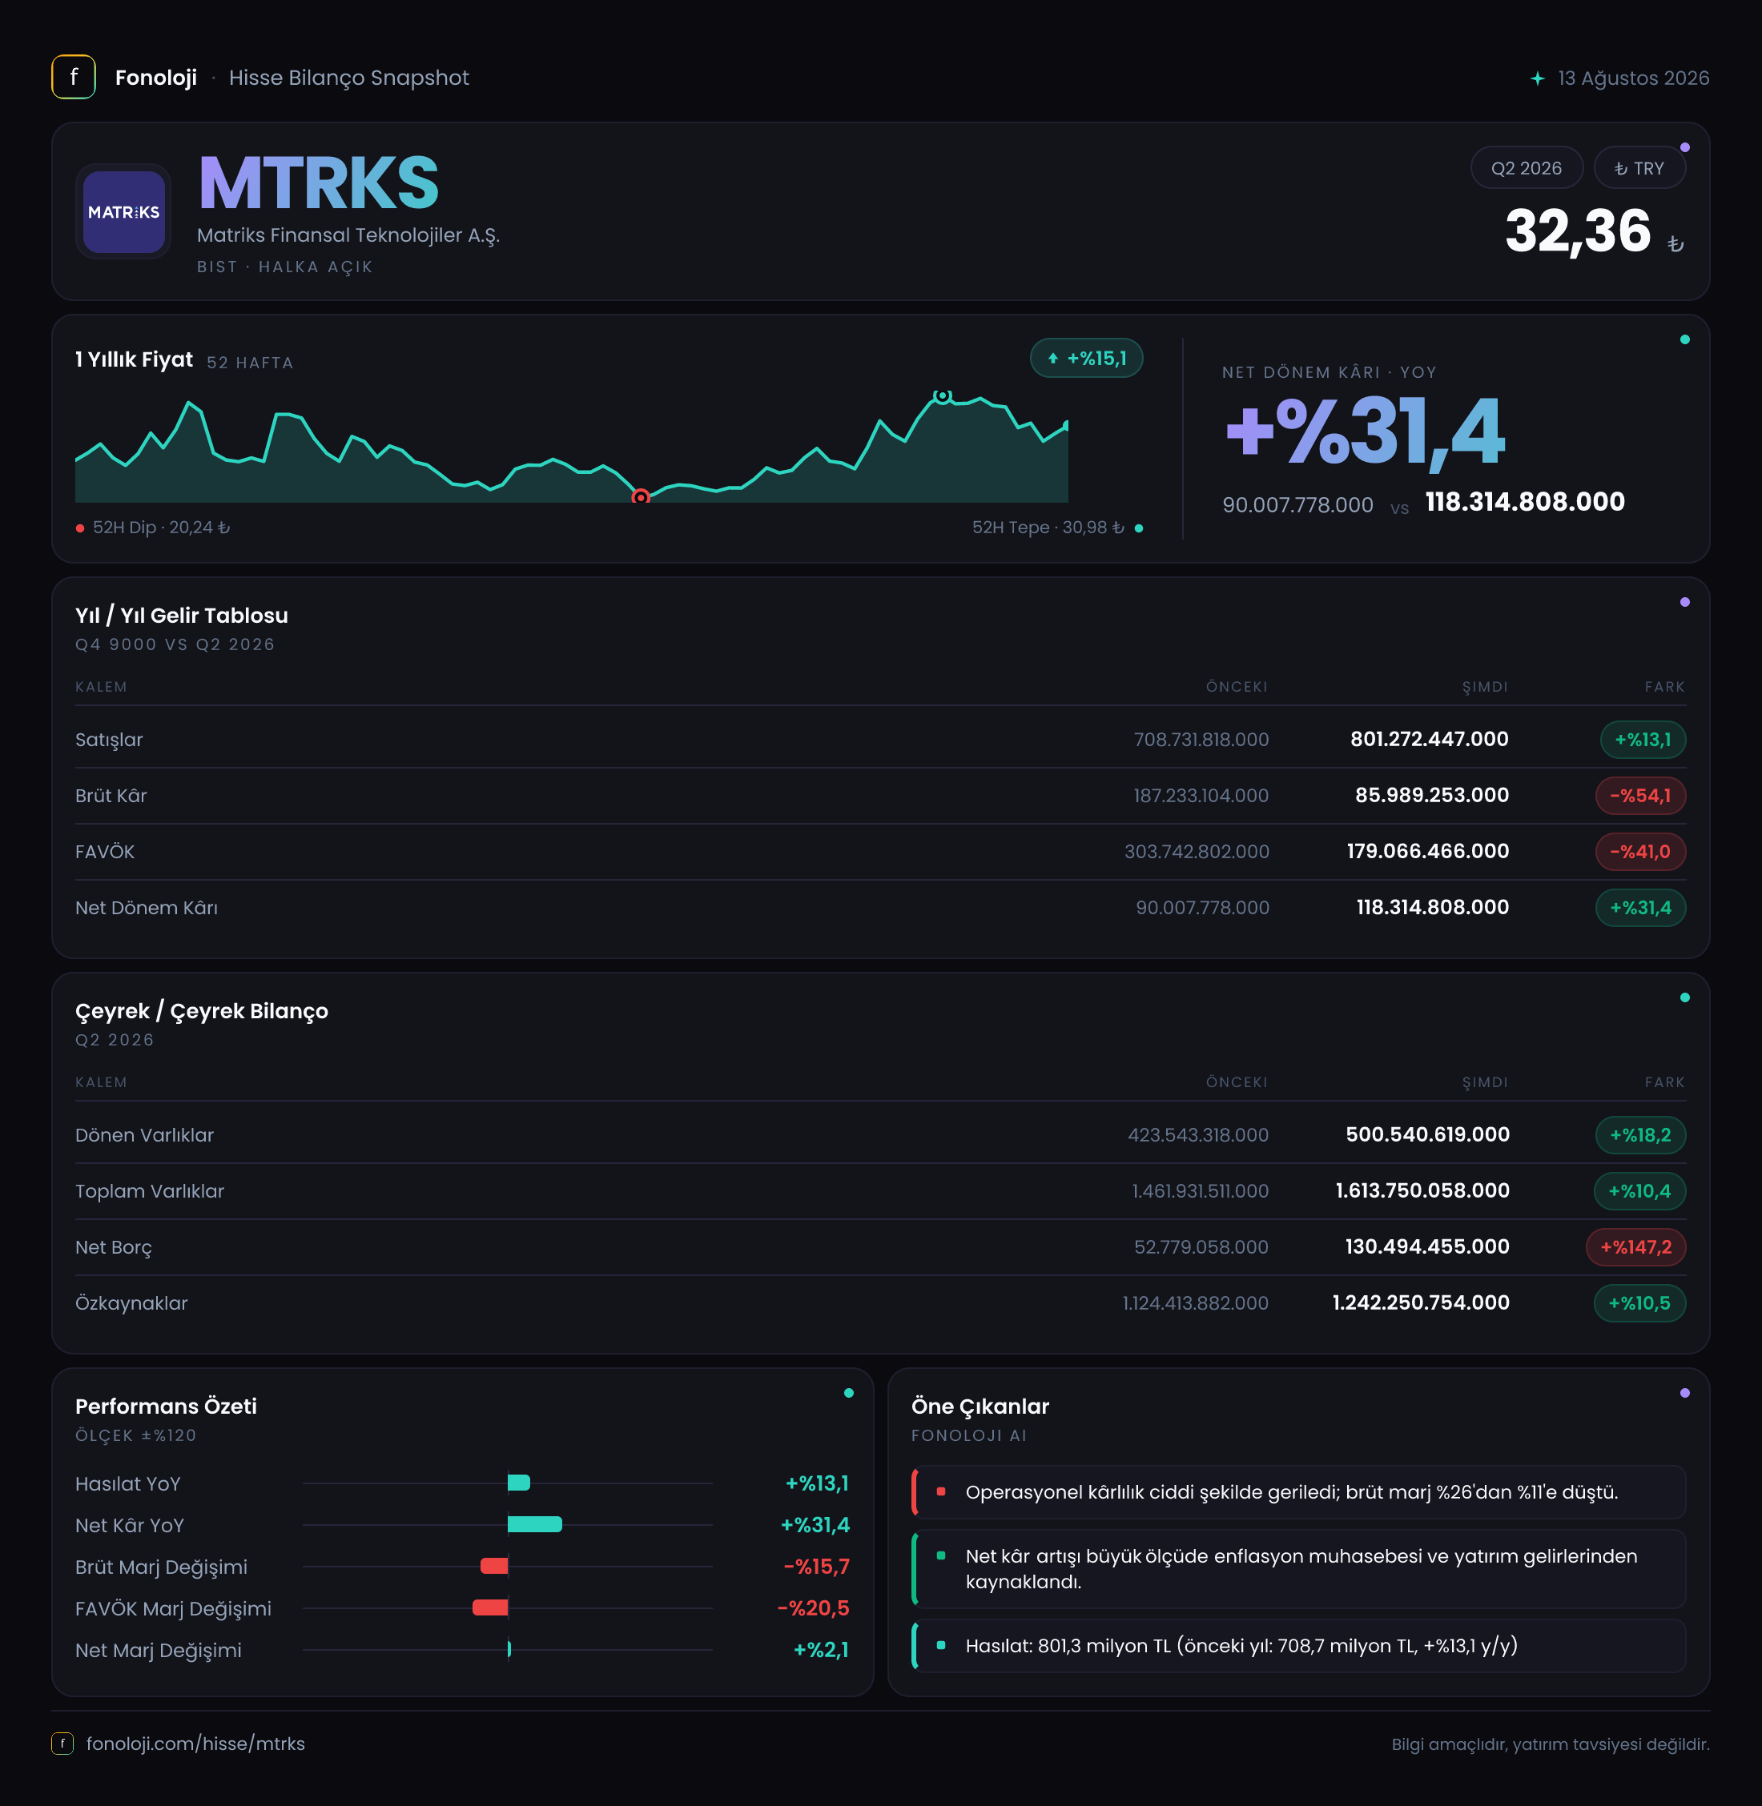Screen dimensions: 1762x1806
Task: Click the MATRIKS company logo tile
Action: (x=123, y=212)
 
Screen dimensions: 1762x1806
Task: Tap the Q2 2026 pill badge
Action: (x=1526, y=168)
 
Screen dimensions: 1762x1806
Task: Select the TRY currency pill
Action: (x=1639, y=168)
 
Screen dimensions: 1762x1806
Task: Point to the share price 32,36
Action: (x=1578, y=231)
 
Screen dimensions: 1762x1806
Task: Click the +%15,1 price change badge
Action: (x=1087, y=358)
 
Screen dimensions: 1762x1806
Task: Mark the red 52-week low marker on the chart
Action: (x=641, y=498)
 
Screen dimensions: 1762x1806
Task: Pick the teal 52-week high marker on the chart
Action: (x=942, y=396)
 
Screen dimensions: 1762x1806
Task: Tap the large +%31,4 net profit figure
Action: (x=1365, y=431)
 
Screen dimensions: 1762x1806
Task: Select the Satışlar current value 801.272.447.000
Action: (x=1429, y=739)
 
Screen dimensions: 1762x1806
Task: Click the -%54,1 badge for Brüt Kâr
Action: (x=1639, y=796)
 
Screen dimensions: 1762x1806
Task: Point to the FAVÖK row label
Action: (x=105, y=852)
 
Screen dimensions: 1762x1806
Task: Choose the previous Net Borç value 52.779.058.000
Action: (x=1201, y=1247)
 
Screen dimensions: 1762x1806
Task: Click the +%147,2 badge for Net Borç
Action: (x=1635, y=1247)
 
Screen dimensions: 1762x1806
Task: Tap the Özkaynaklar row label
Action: (x=131, y=1303)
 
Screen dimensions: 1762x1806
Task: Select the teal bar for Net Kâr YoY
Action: (x=535, y=1525)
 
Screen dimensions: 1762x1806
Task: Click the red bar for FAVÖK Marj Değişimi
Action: (x=490, y=1608)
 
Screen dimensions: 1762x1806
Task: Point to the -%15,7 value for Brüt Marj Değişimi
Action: (x=816, y=1567)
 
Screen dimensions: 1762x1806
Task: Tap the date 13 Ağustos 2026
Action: (x=1633, y=78)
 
